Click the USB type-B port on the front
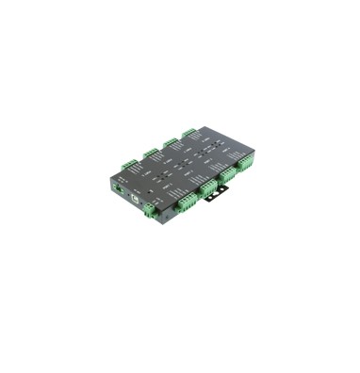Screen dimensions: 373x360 click(135, 201)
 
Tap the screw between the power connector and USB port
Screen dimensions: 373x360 click(126, 196)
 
